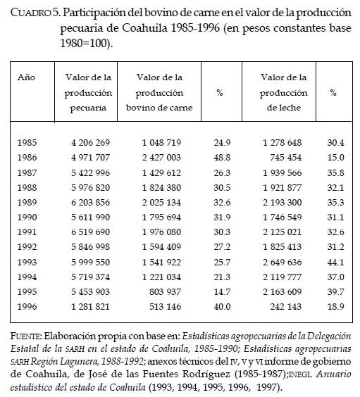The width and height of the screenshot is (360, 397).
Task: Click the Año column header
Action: (x=26, y=77)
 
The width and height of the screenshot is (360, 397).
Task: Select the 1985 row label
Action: (x=27, y=142)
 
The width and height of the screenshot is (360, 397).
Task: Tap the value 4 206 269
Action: (x=90, y=142)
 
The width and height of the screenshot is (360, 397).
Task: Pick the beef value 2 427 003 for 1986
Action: (x=161, y=157)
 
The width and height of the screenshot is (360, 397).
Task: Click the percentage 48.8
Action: (x=222, y=157)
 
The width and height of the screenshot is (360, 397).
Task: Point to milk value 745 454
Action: (x=285, y=157)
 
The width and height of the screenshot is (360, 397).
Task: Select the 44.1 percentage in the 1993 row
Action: (x=335, y=262)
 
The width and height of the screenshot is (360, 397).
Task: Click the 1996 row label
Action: (x=27, y=306)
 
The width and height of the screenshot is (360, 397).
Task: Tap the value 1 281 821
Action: (x=90, y=306)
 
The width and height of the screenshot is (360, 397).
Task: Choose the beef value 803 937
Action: (x=165, y=291)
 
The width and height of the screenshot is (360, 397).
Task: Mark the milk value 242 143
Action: (x=285, y=306)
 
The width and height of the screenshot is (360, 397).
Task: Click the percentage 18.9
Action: (x=335, y=306)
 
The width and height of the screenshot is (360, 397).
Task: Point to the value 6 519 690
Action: (x=90, y=232)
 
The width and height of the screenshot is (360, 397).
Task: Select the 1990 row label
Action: (x=27, y=217)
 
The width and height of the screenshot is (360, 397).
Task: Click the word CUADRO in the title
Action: (x=31, y=13)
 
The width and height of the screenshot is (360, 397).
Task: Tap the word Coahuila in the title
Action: (x=144, y=28)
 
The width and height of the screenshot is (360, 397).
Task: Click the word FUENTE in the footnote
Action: (x=25, y=336)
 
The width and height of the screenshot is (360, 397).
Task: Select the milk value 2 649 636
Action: (x=282, y=262)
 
